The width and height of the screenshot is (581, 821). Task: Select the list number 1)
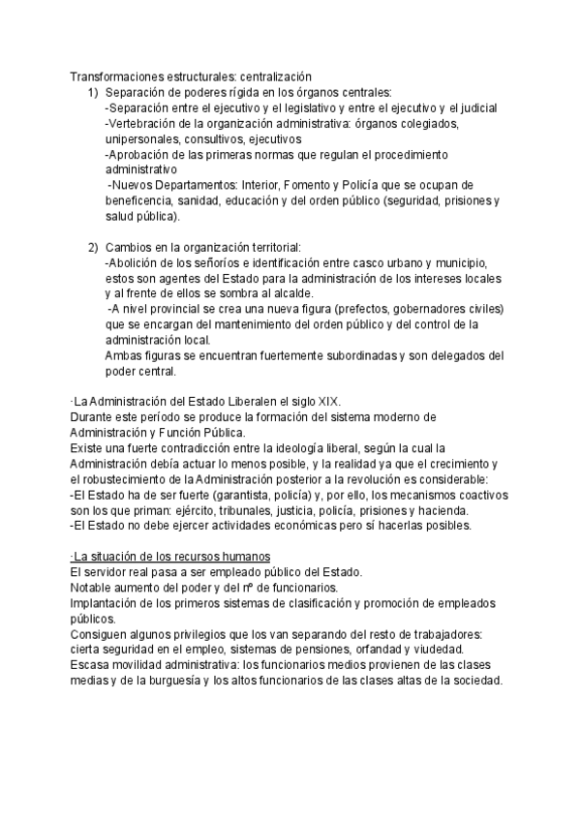point(93,92)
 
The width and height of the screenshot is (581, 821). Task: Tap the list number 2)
point(93,247)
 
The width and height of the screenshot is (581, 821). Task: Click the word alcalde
point(305,293)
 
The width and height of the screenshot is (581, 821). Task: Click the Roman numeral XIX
point(331,402)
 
